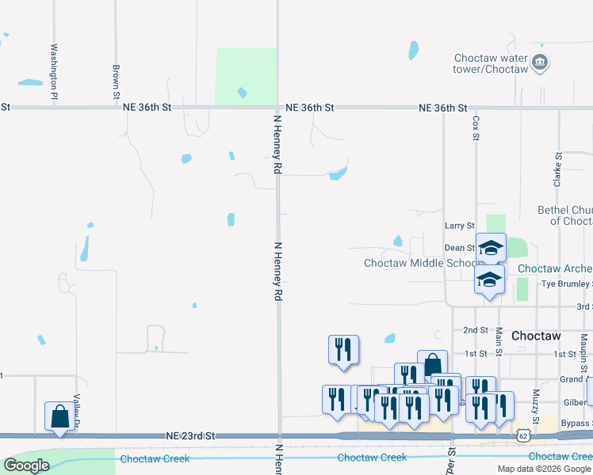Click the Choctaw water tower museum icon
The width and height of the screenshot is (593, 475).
(541, 63)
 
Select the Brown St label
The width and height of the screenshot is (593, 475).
(116, 82)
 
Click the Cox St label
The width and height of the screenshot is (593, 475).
(476, 127)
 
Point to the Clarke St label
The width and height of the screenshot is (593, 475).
(558, 167)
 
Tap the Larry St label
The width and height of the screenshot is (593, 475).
(459, 226)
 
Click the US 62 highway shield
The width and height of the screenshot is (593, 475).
(522, 435)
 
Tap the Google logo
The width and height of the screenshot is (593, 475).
(26, 465)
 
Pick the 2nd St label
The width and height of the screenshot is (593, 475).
(475, 330)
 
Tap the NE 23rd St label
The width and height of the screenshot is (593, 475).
(190, 436)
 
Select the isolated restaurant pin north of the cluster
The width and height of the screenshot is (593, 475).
(344, 350)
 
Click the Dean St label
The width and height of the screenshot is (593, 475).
(460, 248)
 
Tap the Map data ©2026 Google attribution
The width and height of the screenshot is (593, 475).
(544, 469)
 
